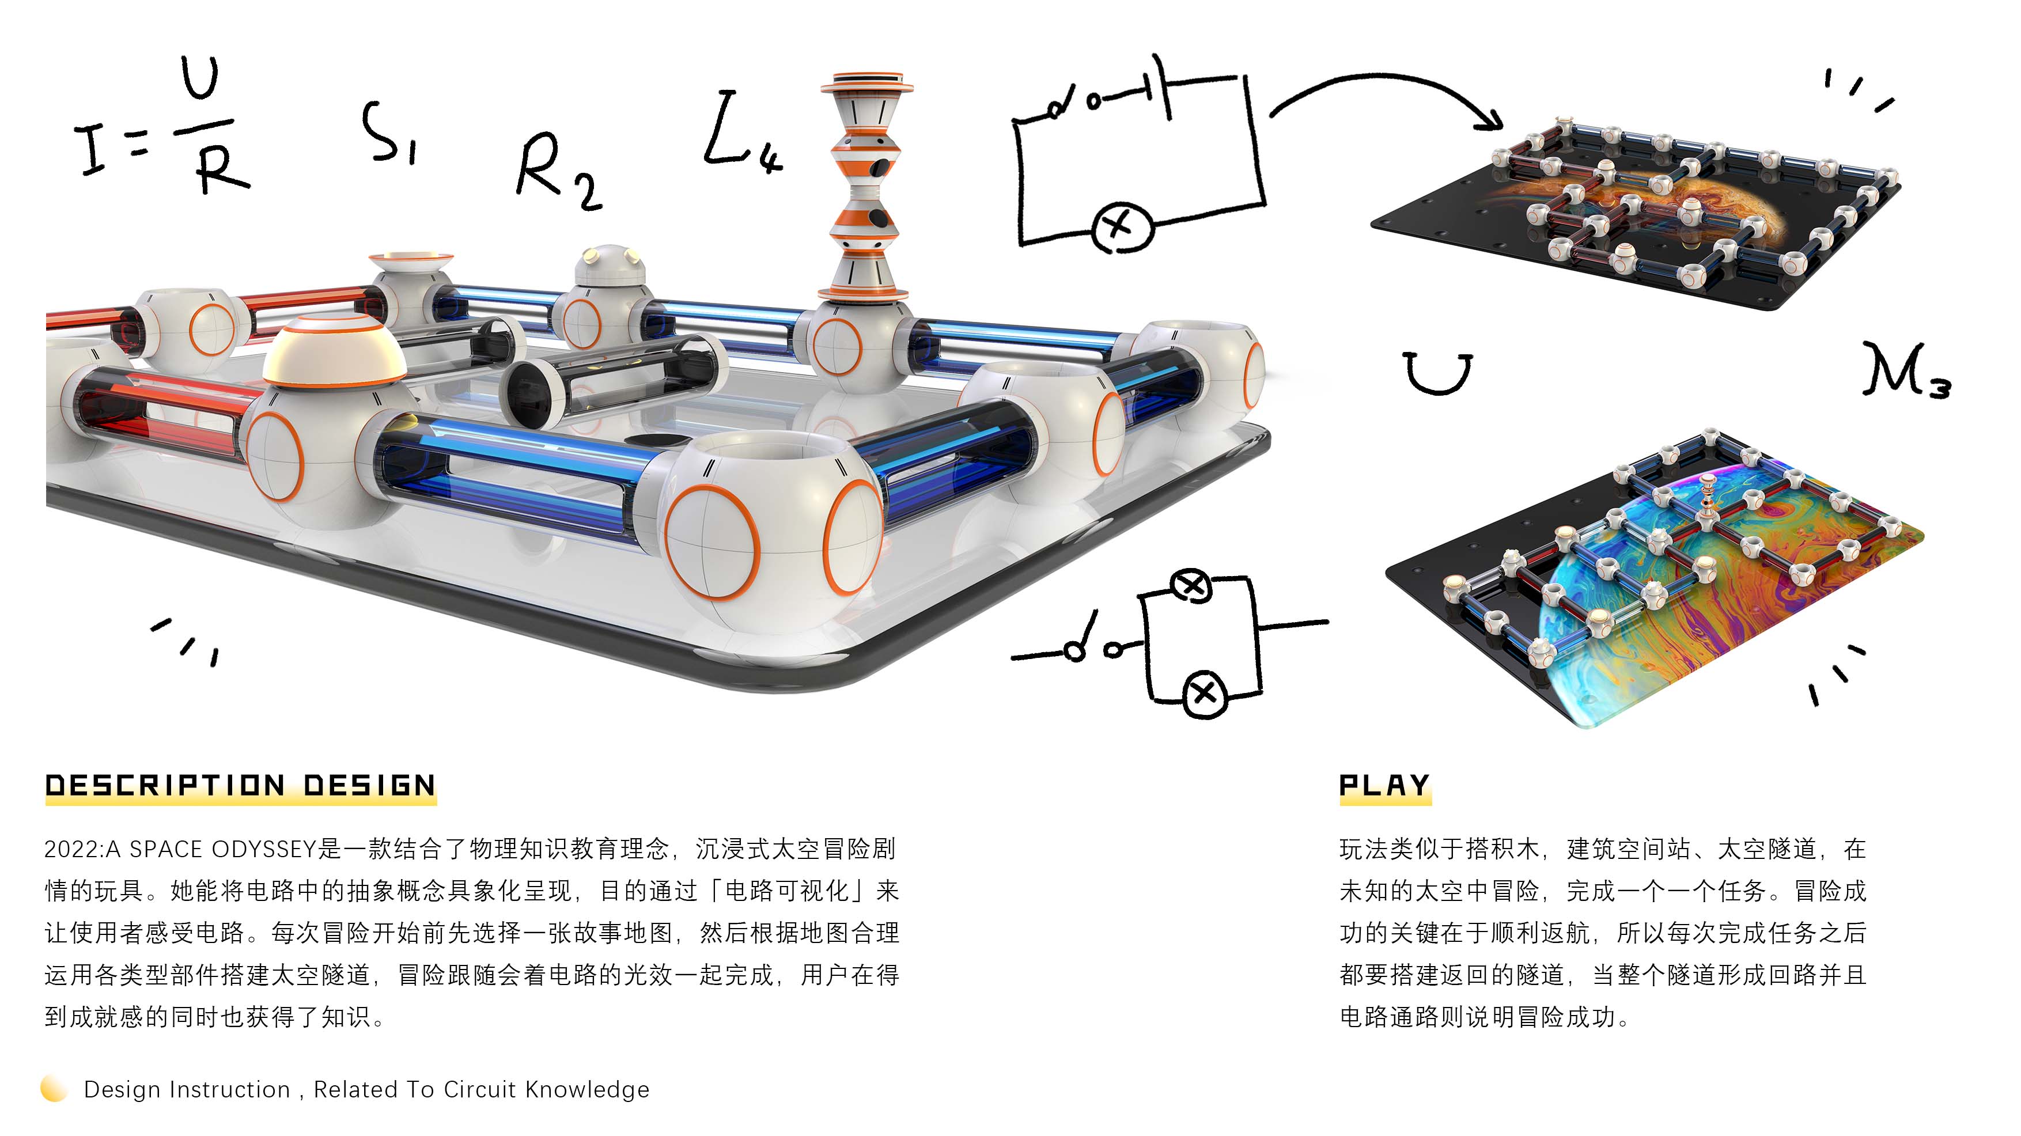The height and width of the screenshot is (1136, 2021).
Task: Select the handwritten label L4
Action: (741, 134)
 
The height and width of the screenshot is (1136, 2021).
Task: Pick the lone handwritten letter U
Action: (1437, 373)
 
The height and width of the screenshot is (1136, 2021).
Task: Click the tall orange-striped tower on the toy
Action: (865, 188)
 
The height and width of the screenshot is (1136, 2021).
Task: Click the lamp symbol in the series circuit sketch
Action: (1122, 227)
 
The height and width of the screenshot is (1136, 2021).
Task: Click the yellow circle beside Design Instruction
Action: (54, 1088)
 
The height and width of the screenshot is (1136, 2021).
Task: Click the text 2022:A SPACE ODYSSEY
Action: (180, 849)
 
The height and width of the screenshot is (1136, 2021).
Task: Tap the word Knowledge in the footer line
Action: (587, 1090)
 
